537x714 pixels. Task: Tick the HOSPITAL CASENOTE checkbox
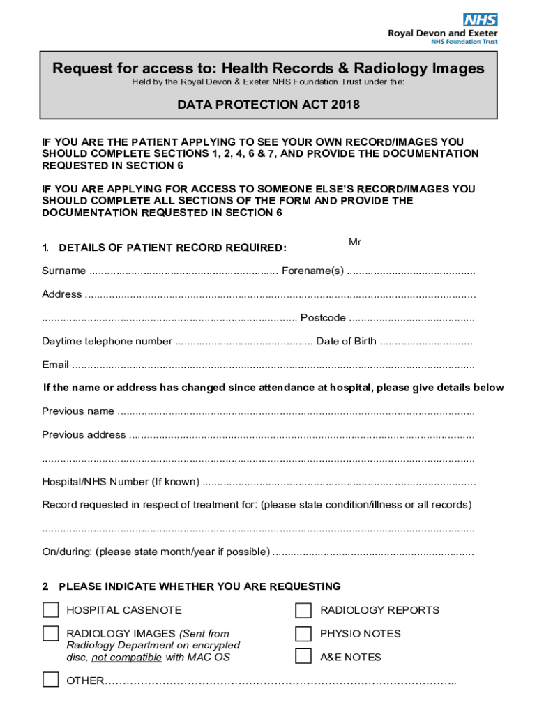tap(51, 610)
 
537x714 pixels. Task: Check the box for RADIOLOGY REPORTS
tap(303, 611)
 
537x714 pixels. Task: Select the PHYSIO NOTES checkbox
tap(303, 634)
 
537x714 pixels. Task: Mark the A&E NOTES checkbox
tap(303, 657)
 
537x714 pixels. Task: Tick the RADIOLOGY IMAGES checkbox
tap(51, 634)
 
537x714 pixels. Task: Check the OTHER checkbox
tap(51, 680)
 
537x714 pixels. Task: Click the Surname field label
tap(63, 271)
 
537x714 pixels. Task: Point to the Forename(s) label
tap(312, 271)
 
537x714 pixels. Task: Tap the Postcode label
tap(323, 318)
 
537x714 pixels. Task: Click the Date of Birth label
tap(346, 342)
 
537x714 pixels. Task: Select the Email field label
tap(55, 365)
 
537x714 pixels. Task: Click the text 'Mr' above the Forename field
tap(355, 242)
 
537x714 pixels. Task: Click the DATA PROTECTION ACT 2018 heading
tap(268, 105)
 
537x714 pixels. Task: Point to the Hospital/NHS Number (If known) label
tap(120, 482)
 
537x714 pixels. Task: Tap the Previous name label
tap(78, 411)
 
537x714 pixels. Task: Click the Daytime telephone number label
tap(107, 342)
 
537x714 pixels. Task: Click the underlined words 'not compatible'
tap(126, 658)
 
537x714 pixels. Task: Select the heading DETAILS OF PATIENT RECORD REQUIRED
tap(172, 248)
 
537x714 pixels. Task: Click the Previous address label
tap(84, 435)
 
